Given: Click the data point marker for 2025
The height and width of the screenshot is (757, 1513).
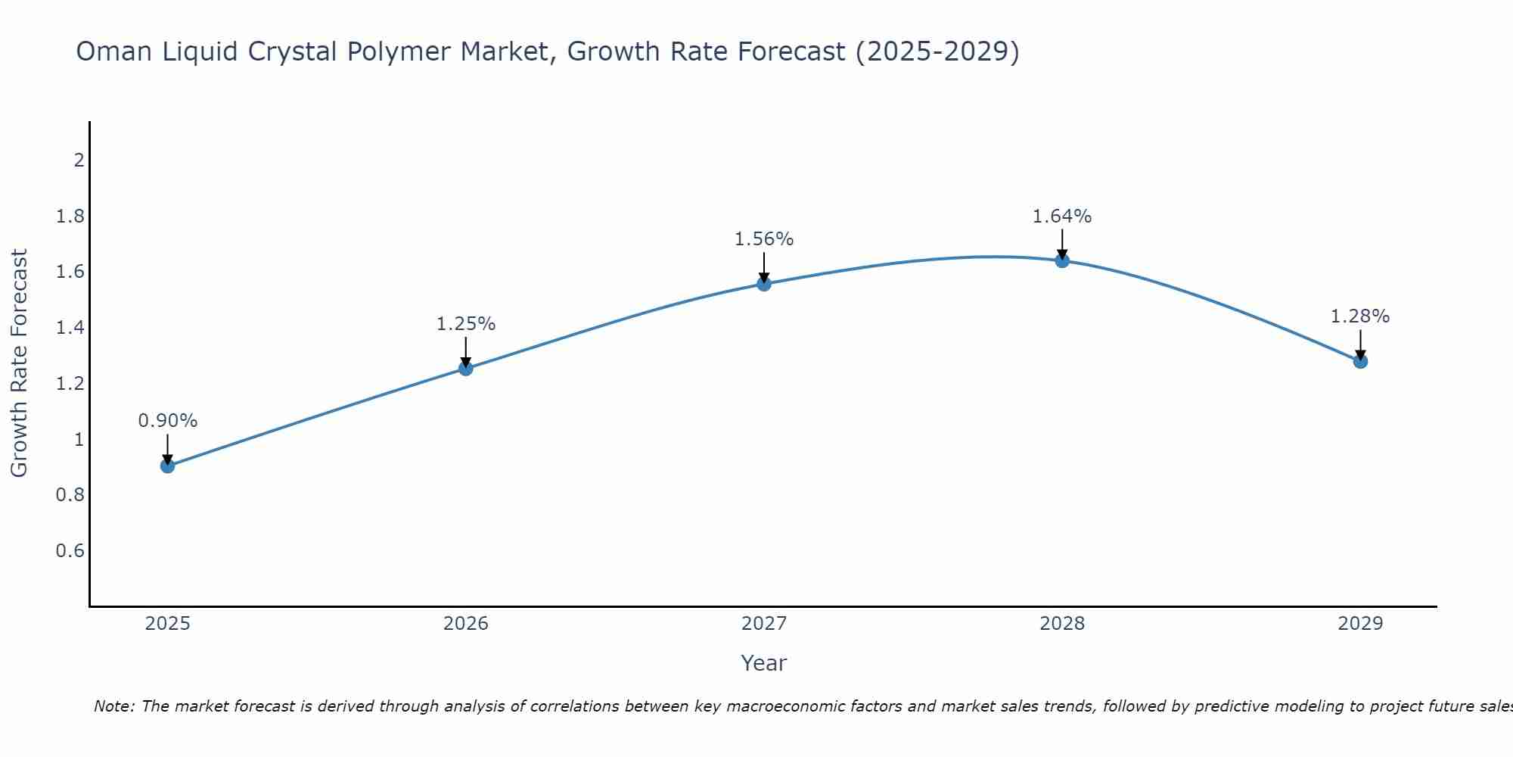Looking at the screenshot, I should coord(168,466).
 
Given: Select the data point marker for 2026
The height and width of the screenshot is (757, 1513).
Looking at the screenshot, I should coord(466,369).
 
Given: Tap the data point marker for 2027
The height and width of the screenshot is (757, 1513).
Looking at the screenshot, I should coord(764,284).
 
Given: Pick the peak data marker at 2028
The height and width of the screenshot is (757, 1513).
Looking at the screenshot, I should coord(1062,261).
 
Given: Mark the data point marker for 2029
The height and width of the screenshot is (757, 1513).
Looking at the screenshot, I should coord(1360,361).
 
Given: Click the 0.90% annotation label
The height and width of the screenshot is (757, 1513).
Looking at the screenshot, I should coord(168,421).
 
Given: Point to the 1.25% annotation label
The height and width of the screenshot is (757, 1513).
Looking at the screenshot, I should coord(466,324).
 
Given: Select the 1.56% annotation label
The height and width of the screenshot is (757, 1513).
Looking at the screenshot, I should coord(764,239).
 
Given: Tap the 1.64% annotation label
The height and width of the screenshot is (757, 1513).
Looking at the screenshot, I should coord(1062,217).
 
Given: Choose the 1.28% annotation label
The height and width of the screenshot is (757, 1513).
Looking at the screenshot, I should coord(1360,316).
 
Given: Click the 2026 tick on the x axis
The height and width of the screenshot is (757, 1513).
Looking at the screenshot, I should coord(466,624).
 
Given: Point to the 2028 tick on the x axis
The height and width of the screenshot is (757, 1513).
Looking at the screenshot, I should coord(1062,624).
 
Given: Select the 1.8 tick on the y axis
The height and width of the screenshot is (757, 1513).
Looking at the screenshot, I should coord(70,217).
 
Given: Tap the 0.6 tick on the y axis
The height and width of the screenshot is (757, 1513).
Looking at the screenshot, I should coord(70,550).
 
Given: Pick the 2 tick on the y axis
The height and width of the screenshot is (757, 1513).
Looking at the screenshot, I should coord(78,160).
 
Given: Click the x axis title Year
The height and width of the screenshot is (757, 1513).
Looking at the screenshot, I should coord(764,663).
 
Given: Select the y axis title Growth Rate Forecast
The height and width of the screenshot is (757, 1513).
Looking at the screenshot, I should coord(19,363).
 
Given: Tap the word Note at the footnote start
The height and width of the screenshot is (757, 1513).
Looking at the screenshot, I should coord(113,706).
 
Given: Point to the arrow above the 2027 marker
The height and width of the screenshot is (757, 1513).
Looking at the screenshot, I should coord(764,266).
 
